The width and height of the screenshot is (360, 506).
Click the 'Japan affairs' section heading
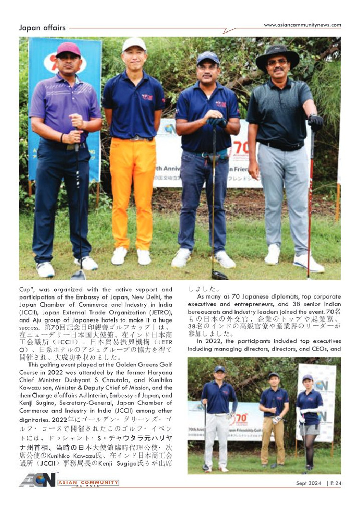(x=42, y=28)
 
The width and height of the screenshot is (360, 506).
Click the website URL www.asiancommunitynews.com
(x=302, y=25)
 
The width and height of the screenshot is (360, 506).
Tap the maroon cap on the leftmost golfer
(x=68, y=49)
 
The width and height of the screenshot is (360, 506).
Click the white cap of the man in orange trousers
(x=134, y=44)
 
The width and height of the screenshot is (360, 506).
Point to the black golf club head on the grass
(x=219, y=275)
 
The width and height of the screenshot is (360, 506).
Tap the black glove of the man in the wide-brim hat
(x=316, y=122)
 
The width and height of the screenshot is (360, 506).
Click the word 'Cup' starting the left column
(x=25, y=290)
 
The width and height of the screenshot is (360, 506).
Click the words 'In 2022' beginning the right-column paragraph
(x=207, y=341)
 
